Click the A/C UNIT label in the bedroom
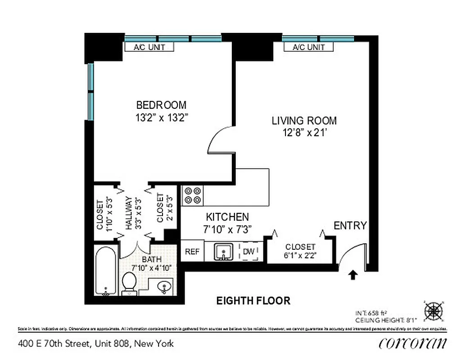tap(149, 47)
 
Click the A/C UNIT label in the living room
tap(308, 47)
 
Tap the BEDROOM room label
tap(161, 105)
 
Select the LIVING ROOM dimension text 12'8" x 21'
tap(304, 133)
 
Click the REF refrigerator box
tap(193, 252)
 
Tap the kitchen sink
tap(222, 252)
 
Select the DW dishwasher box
tap(249, 252)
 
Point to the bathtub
tap(106, 271)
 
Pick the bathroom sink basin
tap(164, 286)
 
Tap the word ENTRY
tap(350, 225)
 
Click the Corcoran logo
tap(413, 343)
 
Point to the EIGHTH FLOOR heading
tap(253, 301)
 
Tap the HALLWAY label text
tap(128, 213)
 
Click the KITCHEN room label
tap(227, 217)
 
